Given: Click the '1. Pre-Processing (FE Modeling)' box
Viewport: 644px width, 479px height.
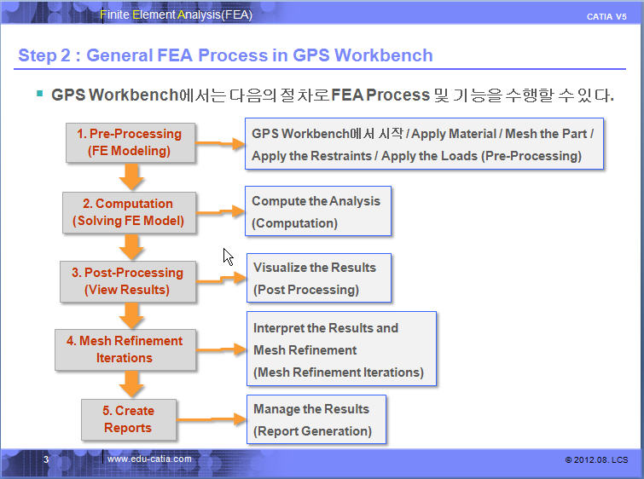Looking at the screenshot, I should point(130,142).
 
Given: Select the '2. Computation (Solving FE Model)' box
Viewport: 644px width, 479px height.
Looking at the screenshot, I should point(129,212).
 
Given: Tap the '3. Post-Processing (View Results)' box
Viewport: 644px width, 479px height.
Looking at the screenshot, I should point(127,281).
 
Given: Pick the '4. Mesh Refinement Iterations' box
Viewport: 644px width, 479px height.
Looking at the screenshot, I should point(125,349).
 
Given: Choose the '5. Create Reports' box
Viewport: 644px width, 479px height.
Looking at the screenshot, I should point(129,418).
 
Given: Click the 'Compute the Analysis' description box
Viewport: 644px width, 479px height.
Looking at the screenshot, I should point(317,211).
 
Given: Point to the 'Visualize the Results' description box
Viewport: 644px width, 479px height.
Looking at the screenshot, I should point(319,278).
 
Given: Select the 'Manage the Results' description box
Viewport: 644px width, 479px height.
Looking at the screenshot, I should point(316,419).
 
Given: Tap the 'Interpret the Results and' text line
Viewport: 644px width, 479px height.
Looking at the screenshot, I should point(326,328).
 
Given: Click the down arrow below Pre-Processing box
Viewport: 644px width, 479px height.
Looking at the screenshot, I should point(131,176).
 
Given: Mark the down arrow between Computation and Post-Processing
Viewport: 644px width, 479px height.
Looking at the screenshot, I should point(131,246).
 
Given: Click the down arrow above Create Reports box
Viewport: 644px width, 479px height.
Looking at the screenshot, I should point(131,384).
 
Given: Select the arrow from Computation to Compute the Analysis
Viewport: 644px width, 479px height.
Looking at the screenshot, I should point(220,210).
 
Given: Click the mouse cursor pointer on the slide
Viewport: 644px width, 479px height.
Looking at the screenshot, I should point(228,257).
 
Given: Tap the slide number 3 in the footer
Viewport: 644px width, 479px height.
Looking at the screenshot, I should point(47,459).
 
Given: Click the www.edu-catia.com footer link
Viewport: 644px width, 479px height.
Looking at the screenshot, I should point(149,459).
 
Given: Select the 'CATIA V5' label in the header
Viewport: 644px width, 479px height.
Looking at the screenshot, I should point(606,17).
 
